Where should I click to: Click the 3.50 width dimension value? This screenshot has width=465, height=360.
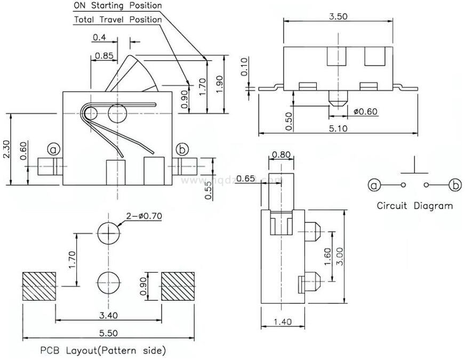click(338, 16)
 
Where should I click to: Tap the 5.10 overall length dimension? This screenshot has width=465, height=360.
click(338, 128)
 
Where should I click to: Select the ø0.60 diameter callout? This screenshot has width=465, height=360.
click(366, 111)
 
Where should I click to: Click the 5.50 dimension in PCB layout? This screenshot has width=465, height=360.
click(109, 332)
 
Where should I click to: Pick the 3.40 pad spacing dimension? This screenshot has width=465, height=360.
click(109, 315)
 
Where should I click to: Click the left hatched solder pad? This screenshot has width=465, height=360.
click(39, 286)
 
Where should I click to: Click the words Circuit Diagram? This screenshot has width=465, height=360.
click(414, 205)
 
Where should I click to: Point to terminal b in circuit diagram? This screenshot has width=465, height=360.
click(455, 185)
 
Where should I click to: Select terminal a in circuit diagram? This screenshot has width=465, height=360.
click(374, 185)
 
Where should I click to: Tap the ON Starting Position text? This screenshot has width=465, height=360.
click(117, 6)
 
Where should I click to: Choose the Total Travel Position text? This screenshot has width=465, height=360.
click(117, 20)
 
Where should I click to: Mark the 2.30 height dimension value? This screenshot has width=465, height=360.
click(6, 150)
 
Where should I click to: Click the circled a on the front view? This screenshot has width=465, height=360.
click(53, 148)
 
